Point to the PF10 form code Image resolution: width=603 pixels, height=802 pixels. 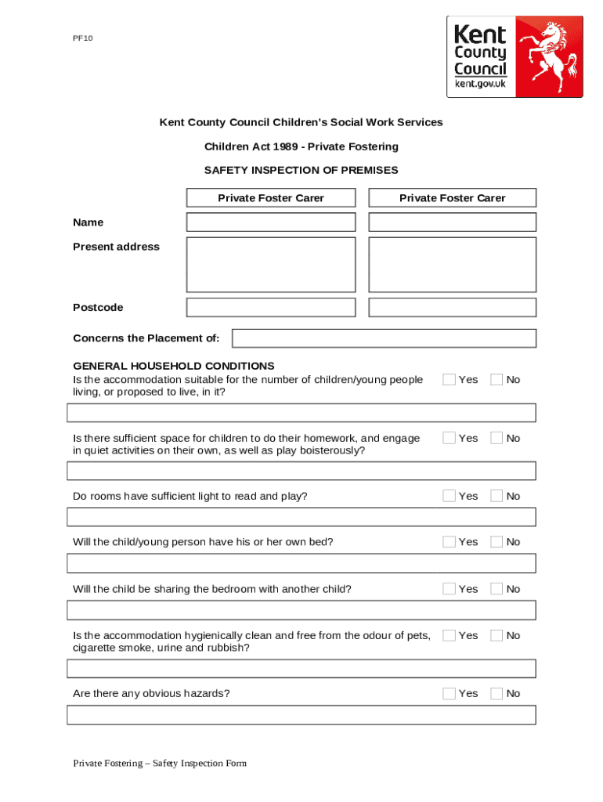point(82,38)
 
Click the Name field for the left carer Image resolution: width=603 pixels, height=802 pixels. point(270,222)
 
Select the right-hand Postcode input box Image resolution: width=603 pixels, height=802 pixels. point(452,307)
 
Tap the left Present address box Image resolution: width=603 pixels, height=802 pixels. point(270,265)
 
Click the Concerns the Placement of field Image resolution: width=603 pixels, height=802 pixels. point(384,338)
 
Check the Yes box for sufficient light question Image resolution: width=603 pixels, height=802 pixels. point(449,496)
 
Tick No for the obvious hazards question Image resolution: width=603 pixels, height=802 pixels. point(496,693)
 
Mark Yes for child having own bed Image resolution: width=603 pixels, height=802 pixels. point(449,541)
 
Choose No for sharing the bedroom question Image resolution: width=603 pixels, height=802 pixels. point(496,588)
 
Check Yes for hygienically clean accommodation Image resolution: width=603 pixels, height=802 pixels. point(449,635)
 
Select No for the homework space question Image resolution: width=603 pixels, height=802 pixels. point(496,438)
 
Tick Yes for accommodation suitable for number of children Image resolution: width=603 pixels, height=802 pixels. point(449,379)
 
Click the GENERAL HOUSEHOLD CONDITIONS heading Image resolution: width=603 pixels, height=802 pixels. point(173,366)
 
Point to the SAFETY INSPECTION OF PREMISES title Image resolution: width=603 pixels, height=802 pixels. point(301,170)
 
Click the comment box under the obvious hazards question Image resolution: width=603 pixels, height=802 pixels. point(301,715)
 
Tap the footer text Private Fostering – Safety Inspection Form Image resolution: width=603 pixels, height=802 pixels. point(160,764)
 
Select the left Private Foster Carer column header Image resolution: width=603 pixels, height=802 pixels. point(270,198)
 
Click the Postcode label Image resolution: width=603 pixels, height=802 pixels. point(98,308)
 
